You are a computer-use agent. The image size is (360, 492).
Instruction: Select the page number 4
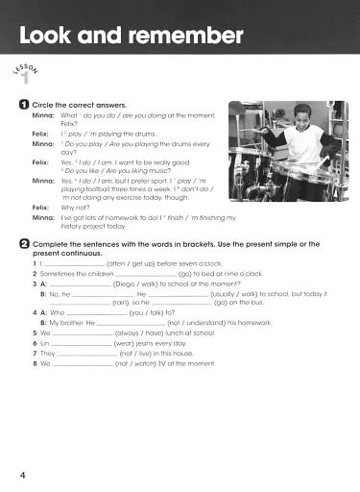22,475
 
